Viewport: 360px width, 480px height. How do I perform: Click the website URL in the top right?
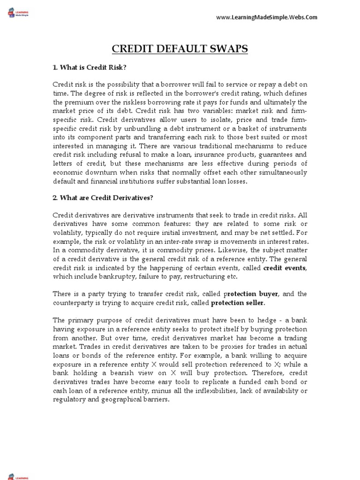coord(266,17)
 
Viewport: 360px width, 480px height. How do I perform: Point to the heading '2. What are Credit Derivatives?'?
coord(103,197)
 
